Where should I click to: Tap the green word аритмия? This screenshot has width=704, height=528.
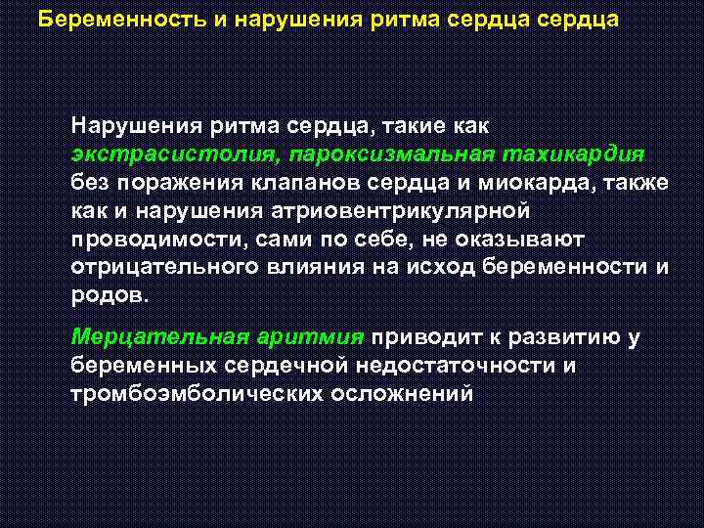[311, 337]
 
